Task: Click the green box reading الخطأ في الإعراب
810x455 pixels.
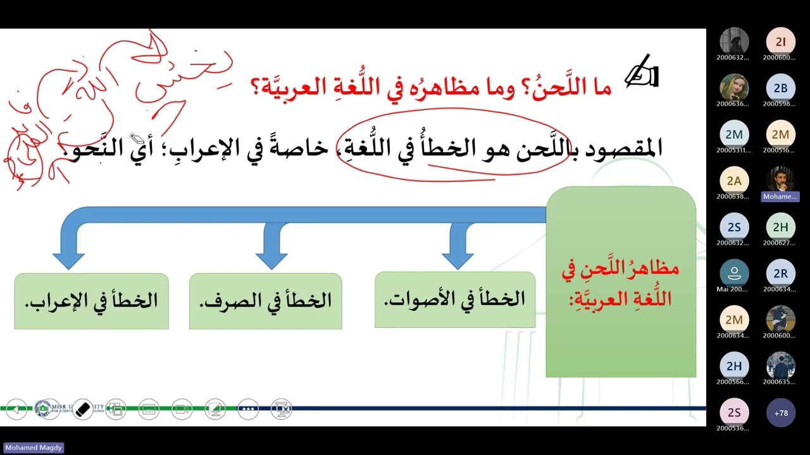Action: click(x=91, y=301)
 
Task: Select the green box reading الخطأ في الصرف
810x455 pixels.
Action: click(x=265, y=301)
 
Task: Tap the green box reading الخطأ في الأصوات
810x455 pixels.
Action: click(x=454, y=300)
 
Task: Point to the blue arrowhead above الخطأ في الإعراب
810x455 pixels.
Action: click(x=69, y=259)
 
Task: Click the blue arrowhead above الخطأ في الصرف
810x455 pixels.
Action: click(x=271, y=259)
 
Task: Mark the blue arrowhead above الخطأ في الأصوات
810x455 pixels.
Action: click(x=458, y=259)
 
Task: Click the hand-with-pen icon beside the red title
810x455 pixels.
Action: click(x=642, y=72)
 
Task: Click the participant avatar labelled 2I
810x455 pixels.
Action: click(x=780, y=42)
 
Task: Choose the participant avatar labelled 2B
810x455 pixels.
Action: click(x=780, y=88)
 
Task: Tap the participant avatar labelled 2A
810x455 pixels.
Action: click(x=734, y=181)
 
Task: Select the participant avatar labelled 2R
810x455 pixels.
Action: click(x=780, y=274)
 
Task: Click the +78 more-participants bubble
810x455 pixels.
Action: click(x=780, y=413)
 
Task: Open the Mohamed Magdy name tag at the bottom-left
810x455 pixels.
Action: click(x=34, y=447)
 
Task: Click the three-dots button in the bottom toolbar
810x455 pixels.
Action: click(x=248, y=409)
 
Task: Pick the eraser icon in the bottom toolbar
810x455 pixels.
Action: click(x=83, y=409)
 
